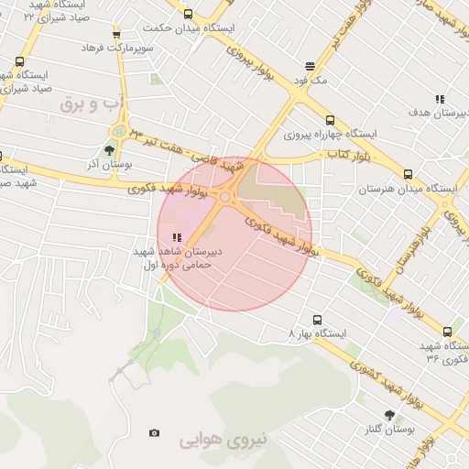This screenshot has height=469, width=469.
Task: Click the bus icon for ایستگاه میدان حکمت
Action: (188, 15)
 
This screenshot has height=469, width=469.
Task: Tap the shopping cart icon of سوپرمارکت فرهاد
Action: (116, 35)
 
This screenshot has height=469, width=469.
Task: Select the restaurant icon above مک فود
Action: (310, 66)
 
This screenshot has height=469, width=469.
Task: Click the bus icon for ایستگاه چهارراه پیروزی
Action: (330, 120)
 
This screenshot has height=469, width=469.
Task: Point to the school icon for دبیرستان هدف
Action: (440, 98)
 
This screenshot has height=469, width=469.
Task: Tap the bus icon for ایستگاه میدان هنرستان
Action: (408, 174)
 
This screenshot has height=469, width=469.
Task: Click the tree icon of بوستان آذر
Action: (110, 150)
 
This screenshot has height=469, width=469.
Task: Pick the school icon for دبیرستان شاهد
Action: (176, 237)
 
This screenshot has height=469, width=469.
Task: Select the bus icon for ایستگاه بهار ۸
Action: (317, 320)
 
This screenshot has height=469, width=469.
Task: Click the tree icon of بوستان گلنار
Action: (389, 414)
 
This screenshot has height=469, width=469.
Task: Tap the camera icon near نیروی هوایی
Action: (154, 432)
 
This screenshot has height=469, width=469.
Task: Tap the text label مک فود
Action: (310, 81)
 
